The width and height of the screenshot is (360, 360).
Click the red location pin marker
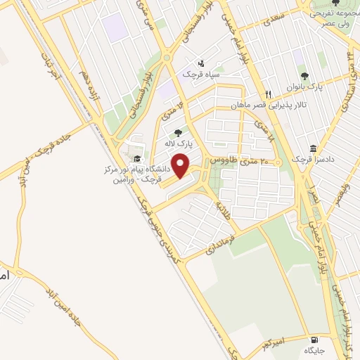pos(181,166)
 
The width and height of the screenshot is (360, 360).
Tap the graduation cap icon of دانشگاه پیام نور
pos(138,159)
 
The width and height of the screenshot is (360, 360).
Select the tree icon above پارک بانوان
pos(304,75)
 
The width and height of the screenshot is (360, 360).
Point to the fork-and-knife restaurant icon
pos(268,95)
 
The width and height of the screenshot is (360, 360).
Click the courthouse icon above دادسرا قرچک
pos(312,149)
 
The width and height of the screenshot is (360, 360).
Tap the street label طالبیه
pos(224,209)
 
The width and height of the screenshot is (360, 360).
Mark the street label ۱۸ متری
pos(259,129)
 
